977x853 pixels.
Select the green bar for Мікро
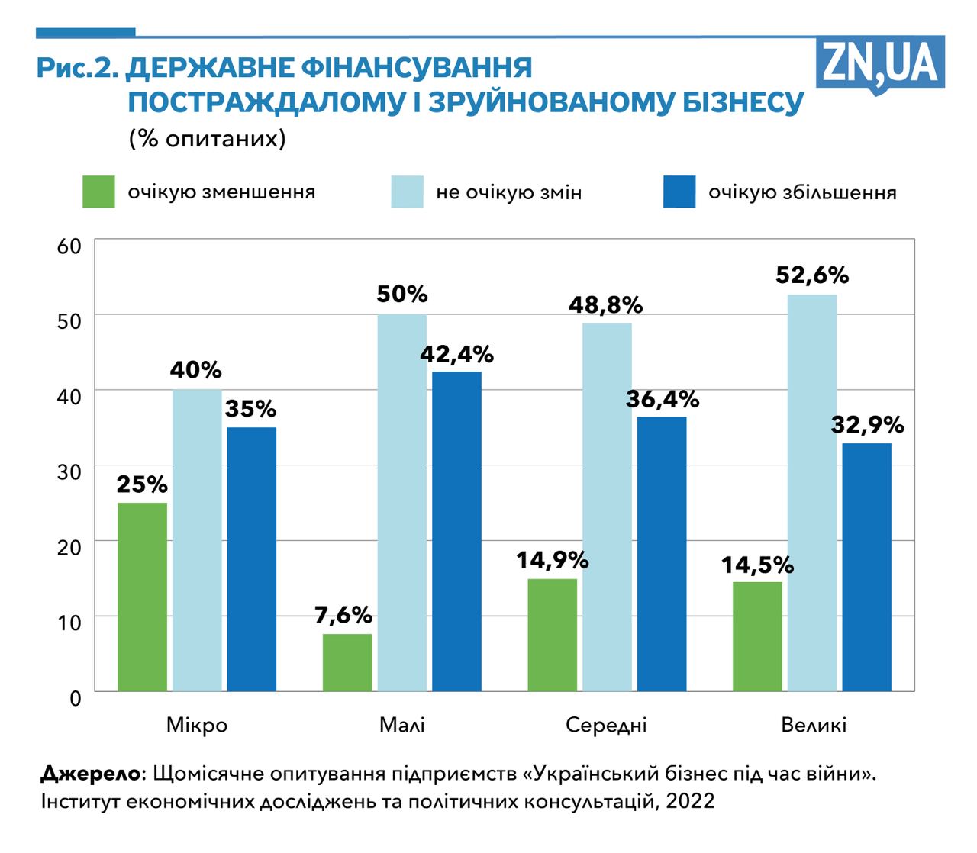(142, 597)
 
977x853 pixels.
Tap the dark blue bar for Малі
(456, 531)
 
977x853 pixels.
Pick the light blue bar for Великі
(812, 493)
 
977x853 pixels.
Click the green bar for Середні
(553, 635)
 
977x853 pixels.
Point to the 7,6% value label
(343, 615)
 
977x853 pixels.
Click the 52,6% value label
(812, 275)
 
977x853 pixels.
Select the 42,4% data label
(456, 355)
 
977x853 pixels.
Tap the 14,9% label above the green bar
(553, 560)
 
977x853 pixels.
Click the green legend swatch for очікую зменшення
(98, 192)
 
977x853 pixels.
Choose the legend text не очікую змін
(509, 192)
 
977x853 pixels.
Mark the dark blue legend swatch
(679, 192)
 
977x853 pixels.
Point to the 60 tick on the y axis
(69, 246)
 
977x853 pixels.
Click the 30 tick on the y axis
(69, 472)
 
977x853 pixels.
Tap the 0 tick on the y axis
(75, 697)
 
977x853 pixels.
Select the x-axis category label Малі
(402, 724)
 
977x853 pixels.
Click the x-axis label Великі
(814, 724)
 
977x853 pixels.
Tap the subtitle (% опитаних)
(207, 139)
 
